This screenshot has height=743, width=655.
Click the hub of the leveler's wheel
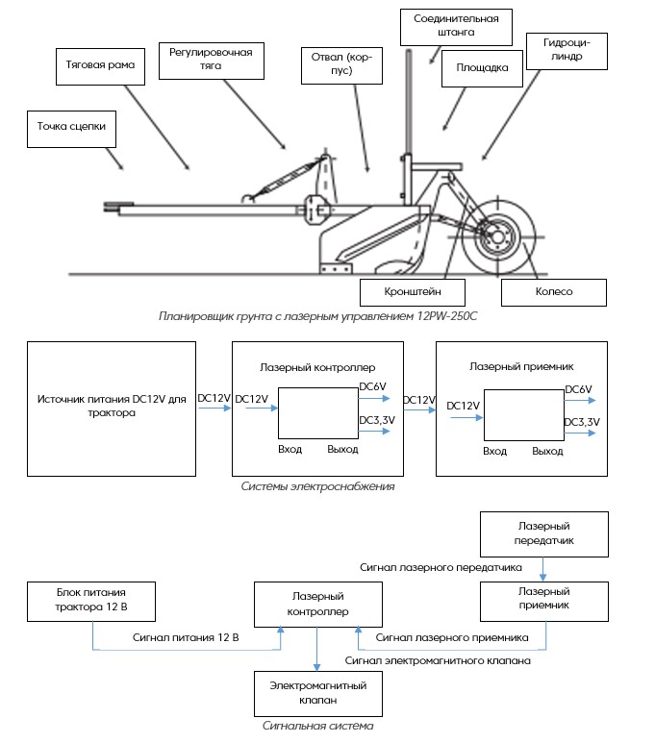tap(497, 236)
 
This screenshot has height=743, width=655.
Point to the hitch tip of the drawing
tap(105, 206)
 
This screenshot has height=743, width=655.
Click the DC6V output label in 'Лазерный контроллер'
tap(373, 386)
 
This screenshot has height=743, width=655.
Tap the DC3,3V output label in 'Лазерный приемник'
tap(582, 422)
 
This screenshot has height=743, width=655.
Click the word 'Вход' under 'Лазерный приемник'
tap(494, 451)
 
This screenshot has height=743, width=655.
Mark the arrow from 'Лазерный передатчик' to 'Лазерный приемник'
tap(543, 569)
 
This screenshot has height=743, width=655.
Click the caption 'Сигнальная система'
tap(317, 726)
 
